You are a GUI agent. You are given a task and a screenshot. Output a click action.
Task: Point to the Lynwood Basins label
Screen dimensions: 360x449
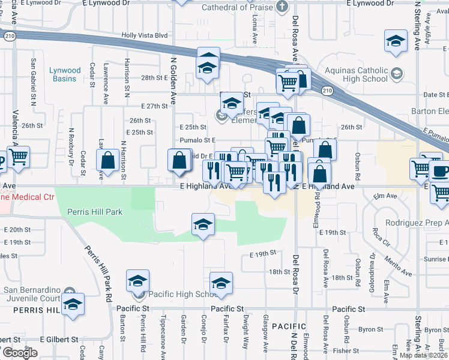point(63,74)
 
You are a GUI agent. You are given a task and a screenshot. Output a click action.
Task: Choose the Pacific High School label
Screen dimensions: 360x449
point(182,294)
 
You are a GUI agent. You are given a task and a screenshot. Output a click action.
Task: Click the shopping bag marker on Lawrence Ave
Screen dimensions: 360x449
point(108,161)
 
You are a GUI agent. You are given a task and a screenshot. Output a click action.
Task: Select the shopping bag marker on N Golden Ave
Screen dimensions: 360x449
point(179,161)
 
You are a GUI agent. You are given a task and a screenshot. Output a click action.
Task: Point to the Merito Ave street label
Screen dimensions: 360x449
point(397,264)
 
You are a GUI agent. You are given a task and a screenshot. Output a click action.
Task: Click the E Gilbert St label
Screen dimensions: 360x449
point(59,339)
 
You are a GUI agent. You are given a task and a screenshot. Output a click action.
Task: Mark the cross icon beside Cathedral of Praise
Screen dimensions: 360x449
point(283,7)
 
